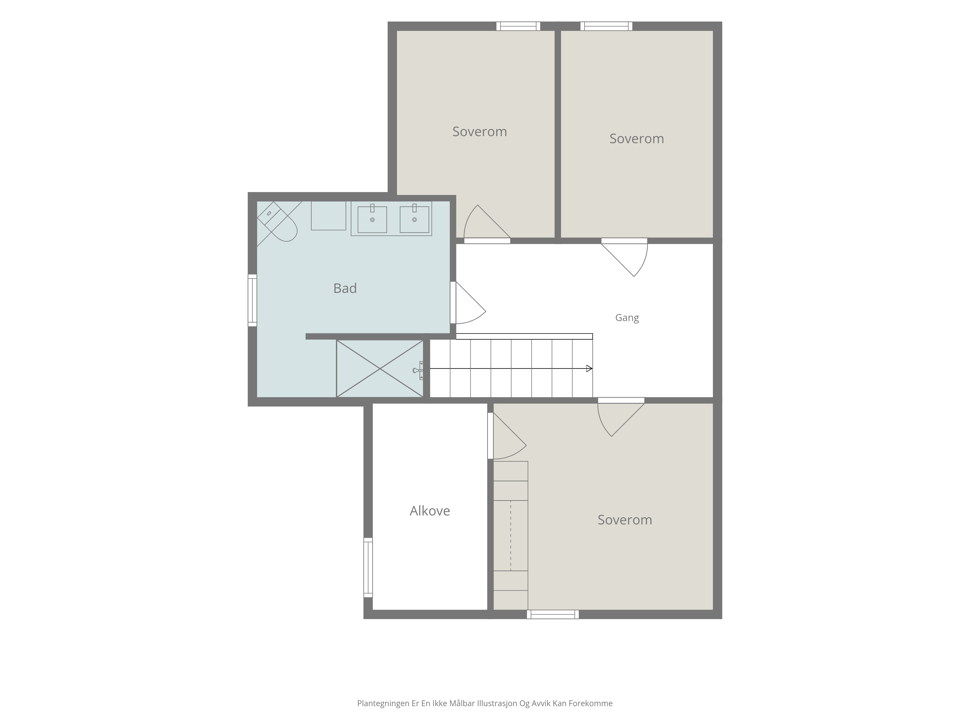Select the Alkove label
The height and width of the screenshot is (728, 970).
click(x=430, y=511)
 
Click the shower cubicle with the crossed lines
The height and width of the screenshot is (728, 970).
click(x=380, y=369)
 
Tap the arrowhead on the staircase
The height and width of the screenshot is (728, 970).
click(x=589, y=369)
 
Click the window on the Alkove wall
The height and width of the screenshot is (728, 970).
click(x=368, y=567)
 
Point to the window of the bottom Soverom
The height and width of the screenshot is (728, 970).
click(x=552, y=614)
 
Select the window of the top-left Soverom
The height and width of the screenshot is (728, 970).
click(x=518, y=26)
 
